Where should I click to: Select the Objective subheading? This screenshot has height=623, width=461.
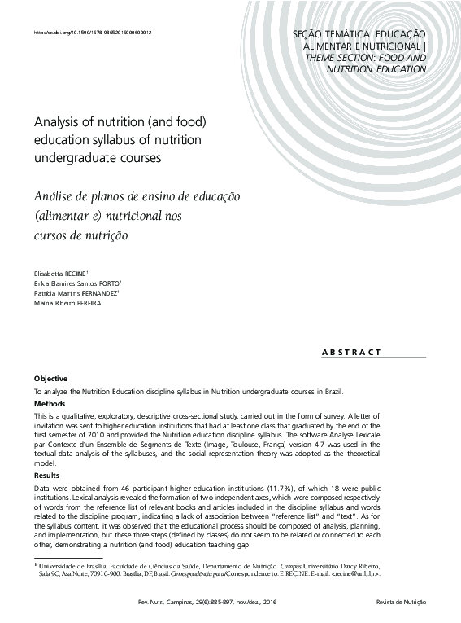(50, 379)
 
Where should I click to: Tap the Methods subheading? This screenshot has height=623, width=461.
(50, 404)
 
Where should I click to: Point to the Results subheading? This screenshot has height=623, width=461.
(47, 475)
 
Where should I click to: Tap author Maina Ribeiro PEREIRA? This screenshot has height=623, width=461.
(67, 302)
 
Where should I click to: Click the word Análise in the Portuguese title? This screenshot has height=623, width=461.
(56, 198)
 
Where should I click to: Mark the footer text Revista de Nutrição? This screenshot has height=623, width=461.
(401, 603)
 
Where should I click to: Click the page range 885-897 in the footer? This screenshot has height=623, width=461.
(219, 603)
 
